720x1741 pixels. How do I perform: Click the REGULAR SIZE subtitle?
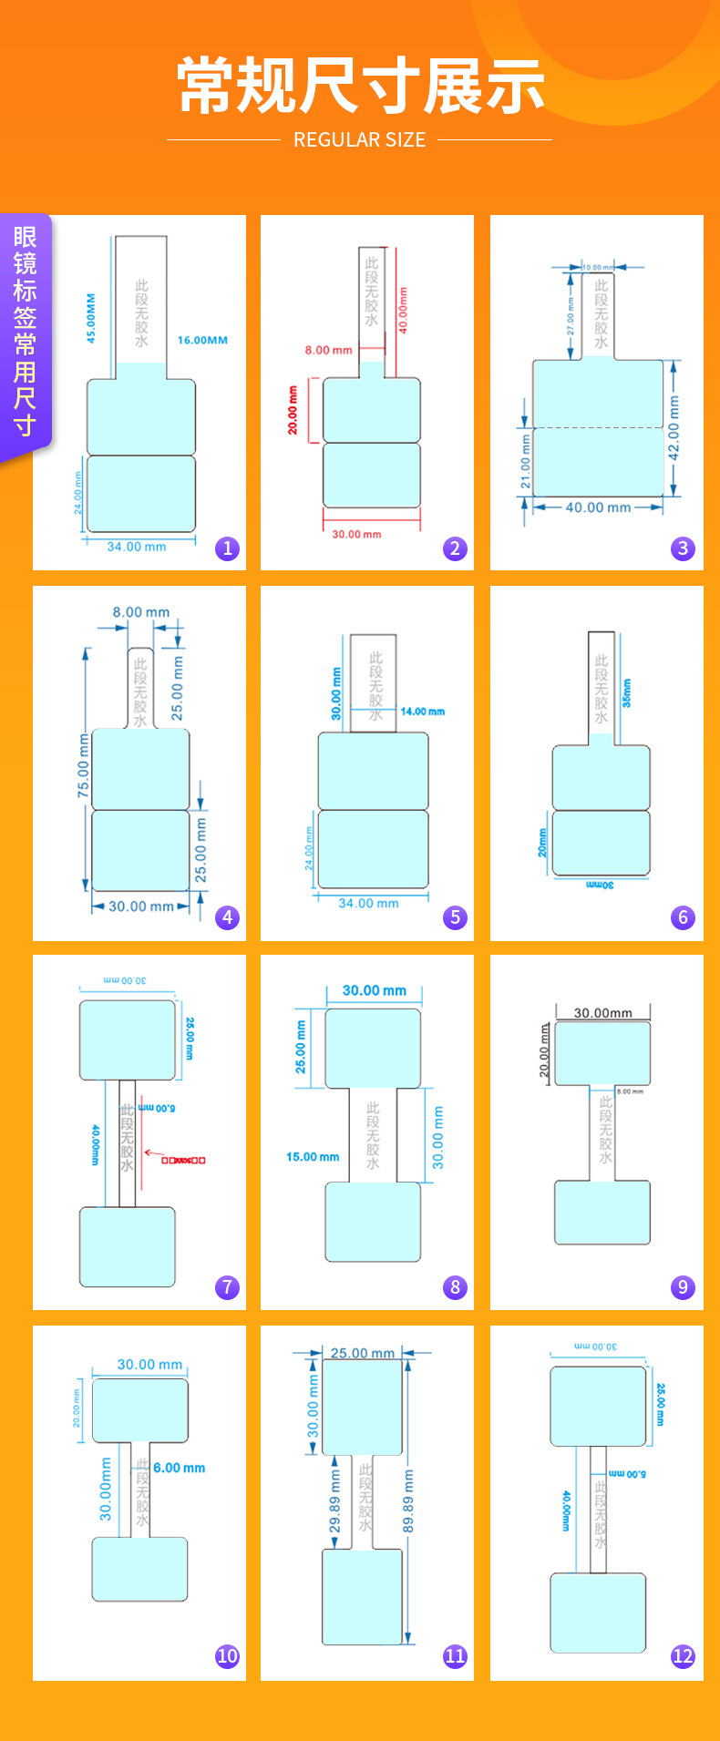[359, 139]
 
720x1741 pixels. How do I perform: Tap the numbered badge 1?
[227, 548]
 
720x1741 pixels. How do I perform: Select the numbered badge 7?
[227, 1287]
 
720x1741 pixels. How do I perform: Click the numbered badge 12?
[683, 1656]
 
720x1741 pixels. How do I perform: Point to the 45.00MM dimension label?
[90, 317]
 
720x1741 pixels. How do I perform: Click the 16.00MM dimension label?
[202, 340]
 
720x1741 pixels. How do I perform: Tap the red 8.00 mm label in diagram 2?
[328, 350]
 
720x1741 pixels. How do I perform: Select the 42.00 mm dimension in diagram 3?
[674, 427]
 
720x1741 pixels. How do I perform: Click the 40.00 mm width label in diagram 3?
[598, 507]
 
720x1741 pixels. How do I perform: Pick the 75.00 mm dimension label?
[84, 766]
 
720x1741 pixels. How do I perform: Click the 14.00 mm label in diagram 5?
[423, 712]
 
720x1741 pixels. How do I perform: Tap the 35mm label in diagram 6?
[626, 693]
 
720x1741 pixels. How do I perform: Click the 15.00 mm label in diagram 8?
[313, 1157]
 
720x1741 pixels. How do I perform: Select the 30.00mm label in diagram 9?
[602, 1013]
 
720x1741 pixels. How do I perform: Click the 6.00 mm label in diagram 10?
[179, 1468]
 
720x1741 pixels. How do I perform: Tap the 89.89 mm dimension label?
[408, 1500]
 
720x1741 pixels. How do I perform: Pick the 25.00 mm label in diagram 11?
[362, 1353]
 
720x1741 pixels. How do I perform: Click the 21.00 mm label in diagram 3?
[526, 460]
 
